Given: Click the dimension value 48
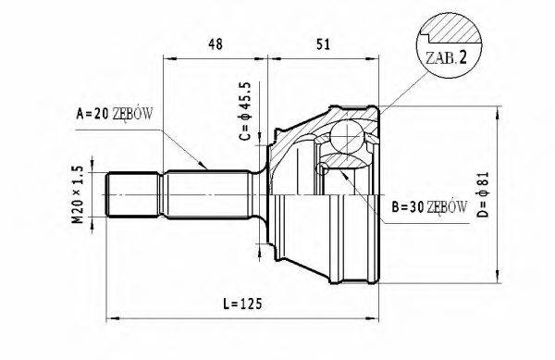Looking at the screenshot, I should (215, 43).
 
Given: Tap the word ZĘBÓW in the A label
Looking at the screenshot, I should (133, 114).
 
